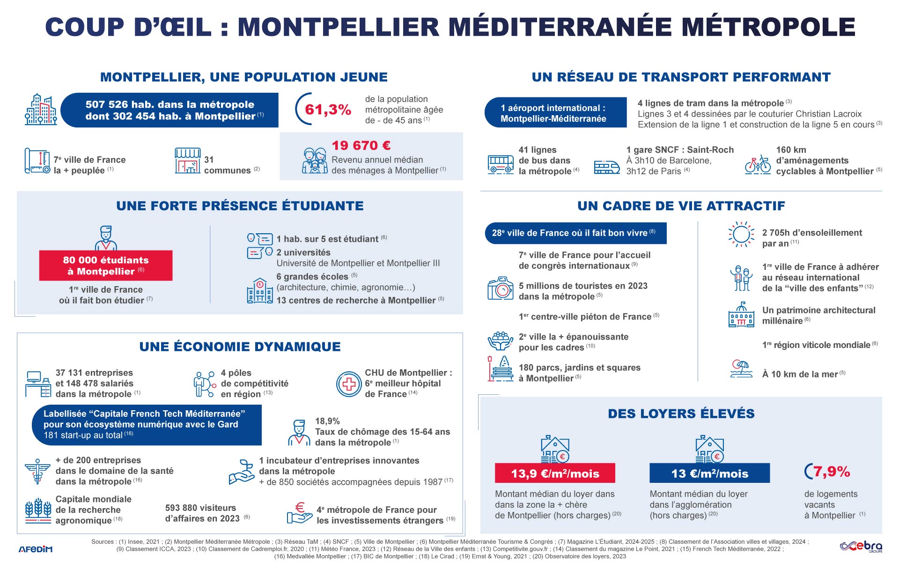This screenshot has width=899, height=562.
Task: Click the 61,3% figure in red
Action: pyautogui.click(x=328, y=110)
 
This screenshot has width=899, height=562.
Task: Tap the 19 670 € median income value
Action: pyautogui.click(x=361, y=146)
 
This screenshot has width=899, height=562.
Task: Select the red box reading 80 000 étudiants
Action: pyautogui.click(x=106, y=266)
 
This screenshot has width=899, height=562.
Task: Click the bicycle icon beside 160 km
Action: pyautogui.click(x=758, y=164)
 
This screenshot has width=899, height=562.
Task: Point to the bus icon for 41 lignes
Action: pyautogui.click(x=501, y=164)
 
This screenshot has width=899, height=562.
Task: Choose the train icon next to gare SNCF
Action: pyautogui.click(x=606, y=167)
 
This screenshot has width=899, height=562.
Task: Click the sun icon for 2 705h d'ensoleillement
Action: pyautogui.click(x=741, y=234)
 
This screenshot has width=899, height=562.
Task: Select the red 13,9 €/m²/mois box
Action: pyautogui.click(x=555, y=473)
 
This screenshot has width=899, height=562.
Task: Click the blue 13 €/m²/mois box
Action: pyautogui.click(x=709, y=473)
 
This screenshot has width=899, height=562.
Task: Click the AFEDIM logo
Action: pyautogui.click(x=36, y=549)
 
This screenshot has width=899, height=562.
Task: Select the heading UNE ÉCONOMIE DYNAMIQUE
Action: pyautogui.click(x=240, y=347)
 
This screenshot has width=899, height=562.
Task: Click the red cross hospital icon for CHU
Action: pyautogui.click(x=349, y=384)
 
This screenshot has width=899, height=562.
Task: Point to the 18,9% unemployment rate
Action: pyautogui.click(x=327, y=421)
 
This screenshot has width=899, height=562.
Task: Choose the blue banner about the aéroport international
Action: pyautogui.click(x=555, y=113)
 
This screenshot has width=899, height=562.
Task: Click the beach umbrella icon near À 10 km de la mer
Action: pyautogui.click(x=741, y=369)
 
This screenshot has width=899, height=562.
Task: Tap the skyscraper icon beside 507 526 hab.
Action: pyautogui.click(x=41, y=109)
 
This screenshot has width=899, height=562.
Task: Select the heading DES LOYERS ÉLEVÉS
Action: pyautogui.click(x=681, y=414)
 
